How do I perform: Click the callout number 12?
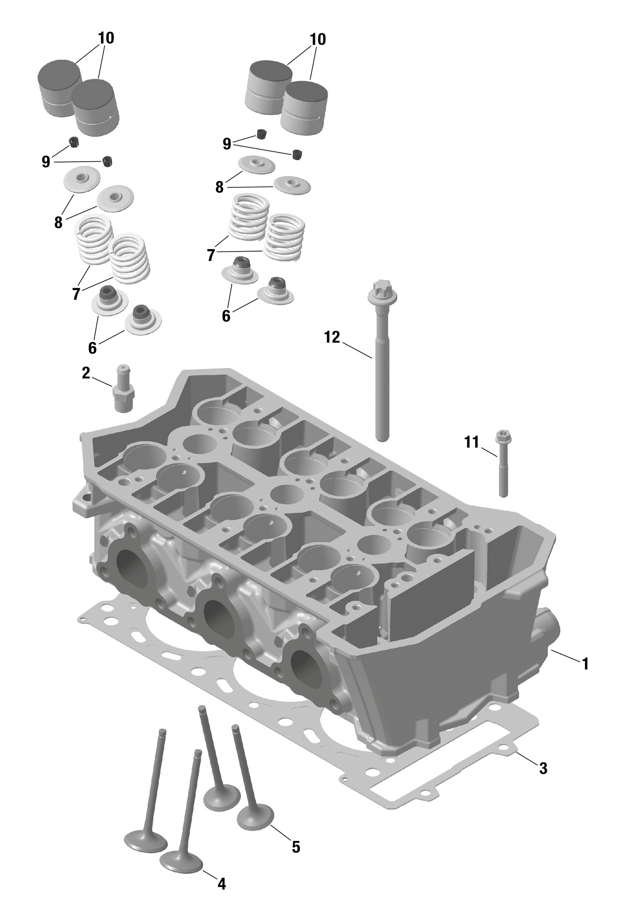click(332, 337)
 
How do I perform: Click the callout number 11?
click(471, 442)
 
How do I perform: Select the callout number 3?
click(543, 768)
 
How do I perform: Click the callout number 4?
click(221, 883)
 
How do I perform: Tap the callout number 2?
click(86, 373)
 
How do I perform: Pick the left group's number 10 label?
click(106, 38)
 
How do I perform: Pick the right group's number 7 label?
click(211, 255)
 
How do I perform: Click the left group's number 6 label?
click(92, 348)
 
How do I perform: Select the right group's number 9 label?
click(227, 144)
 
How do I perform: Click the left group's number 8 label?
click(58, 222)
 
